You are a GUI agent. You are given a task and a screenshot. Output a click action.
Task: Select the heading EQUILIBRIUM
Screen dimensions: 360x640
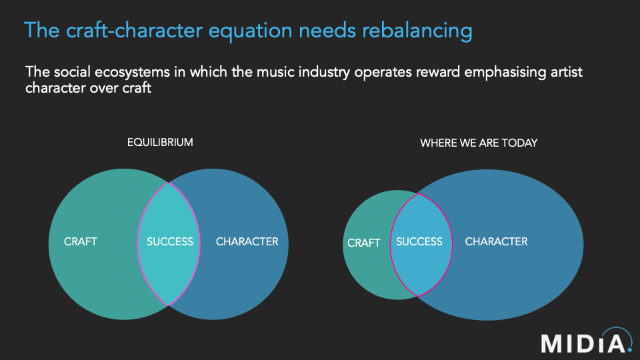(160, 142)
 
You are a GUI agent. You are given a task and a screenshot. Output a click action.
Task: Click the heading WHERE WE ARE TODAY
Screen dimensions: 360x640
(479, 143)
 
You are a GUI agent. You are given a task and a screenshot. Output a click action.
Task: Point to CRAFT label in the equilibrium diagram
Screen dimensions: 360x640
(81, 241)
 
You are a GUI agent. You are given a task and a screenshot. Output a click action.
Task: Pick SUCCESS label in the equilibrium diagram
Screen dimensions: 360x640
(169, 241)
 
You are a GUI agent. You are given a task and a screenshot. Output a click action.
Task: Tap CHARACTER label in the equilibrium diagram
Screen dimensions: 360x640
(247, 241)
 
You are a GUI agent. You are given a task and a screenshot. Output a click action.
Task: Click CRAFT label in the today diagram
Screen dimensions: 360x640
(364, 243)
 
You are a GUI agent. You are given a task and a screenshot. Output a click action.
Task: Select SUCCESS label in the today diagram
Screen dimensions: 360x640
(419, 241)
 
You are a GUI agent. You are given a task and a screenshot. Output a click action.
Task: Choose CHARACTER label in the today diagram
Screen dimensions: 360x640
(496, 241)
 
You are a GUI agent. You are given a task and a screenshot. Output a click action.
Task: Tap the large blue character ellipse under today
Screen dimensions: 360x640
(520, 280)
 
